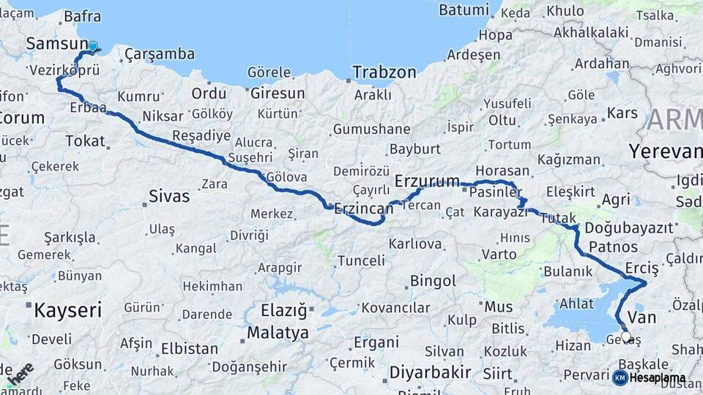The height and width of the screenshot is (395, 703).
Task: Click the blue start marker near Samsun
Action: click(93, 46)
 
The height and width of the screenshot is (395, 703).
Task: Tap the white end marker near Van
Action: click(625, 337)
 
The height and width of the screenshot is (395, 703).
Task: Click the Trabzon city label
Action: click(384, 72)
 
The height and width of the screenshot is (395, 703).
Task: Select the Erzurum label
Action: click(427, 181)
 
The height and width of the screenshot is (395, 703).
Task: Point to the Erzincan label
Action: click(363, 209)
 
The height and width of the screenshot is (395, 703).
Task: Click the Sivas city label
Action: click(169, 196)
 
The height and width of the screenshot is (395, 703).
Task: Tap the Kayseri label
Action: click(67, 310)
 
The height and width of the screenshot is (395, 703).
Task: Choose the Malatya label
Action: click(278, 334)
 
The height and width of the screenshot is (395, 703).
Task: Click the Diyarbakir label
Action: click(430, 372)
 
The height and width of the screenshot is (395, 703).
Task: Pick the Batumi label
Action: click(464, 10)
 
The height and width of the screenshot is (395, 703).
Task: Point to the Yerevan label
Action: click(664, 151)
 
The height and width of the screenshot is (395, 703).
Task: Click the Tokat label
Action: click(85, 141)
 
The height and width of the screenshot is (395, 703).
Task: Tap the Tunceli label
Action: click(361, 260)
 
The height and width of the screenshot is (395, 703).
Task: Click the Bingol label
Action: click(433, 281)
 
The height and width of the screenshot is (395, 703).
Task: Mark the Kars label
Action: click(622, 113)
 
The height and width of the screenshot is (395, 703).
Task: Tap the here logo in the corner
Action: click(22, 372)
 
